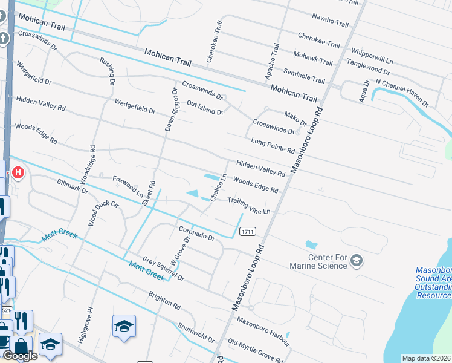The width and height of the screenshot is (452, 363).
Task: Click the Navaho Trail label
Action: [x=331, y=21]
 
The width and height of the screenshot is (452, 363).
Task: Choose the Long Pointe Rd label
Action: [x=273, y=145]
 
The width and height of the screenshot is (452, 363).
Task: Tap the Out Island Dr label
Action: [x=205, y=108]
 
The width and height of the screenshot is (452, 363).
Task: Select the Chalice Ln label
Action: [x=218, y=188]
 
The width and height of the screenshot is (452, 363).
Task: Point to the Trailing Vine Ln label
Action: [x=248, y=205]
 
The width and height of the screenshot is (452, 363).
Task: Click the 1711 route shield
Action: [x=247, y=232]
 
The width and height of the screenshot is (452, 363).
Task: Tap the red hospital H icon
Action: [x=18, y=174]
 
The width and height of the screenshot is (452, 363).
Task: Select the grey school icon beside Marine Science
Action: [x=357, y=260]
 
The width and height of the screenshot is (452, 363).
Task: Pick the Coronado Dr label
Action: [x=196, y=233]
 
